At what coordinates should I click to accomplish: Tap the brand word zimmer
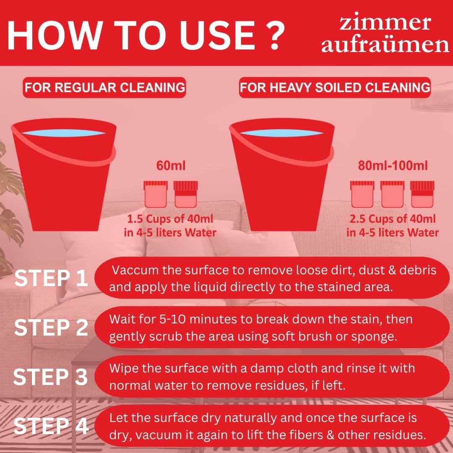[x=385, y=23]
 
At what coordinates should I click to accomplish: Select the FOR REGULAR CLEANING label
[x=104, y=88]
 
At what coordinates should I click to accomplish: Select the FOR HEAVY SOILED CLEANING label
[x=335, y=88]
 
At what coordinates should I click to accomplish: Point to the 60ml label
[x=171, y=166]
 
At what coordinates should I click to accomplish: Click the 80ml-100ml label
[x=393, y=166]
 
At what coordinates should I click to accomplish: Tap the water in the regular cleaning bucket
[x=64, y=133]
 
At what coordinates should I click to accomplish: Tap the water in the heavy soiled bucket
[x=282, y=133]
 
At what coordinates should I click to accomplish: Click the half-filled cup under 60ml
[x=185, y=194]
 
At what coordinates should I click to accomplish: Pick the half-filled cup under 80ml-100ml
[x=422, y=194]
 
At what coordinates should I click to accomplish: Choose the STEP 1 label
[x=51, y=278]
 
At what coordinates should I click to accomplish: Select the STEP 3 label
[x=51, y=377]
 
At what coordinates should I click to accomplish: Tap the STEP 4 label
[x=51, y=426]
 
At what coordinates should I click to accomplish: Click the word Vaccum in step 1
[x=135, y=270]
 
